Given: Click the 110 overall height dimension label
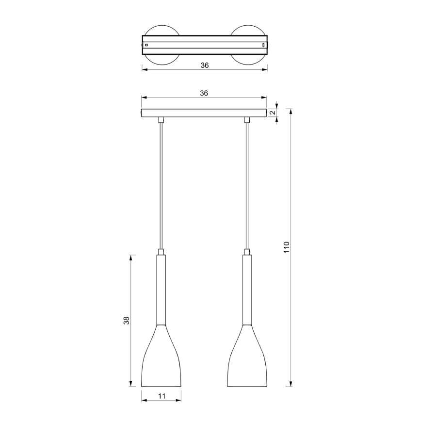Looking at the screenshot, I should click(287, 248).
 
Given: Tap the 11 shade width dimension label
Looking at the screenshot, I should click(162, 396).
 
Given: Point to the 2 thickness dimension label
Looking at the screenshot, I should click(273, 113).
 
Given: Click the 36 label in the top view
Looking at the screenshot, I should click(204, 65).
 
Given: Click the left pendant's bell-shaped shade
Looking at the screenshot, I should click(161, 359).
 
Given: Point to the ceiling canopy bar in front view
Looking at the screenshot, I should click(204, 113).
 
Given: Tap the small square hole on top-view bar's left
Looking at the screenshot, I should click(146, 45).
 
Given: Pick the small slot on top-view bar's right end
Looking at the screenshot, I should click(263, 45).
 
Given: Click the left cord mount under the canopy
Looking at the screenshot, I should click(161, 119).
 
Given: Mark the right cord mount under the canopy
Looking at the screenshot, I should click(247, 119).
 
